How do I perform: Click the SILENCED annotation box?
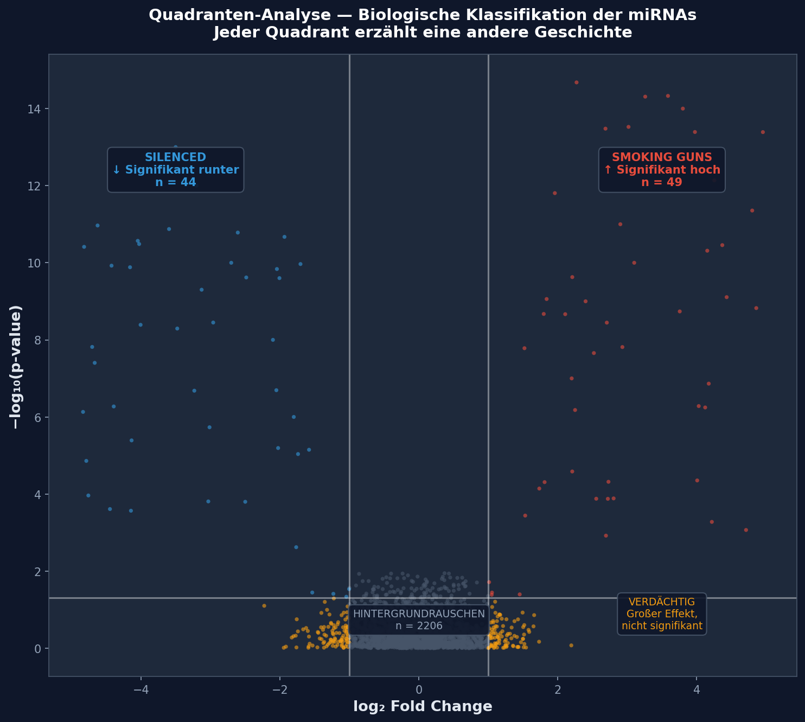click(175, 170)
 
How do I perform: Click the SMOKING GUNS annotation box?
click(661, 170)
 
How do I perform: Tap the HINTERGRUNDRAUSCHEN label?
click(419, 619)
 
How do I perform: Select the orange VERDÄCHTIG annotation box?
click(662, 614)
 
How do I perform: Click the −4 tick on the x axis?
click(141, 689)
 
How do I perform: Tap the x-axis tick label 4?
click(697, 689)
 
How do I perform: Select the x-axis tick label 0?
click(419, 689)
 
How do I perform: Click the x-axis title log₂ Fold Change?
click(423, 706)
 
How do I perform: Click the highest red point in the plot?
click(576, 82)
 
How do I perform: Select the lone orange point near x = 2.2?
click(571, 646)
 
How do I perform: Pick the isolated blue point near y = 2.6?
click(296, 547)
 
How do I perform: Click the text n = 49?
click(661, 182)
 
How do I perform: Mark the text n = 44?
click(175, 182)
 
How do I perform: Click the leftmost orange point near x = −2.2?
click(264, 606)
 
